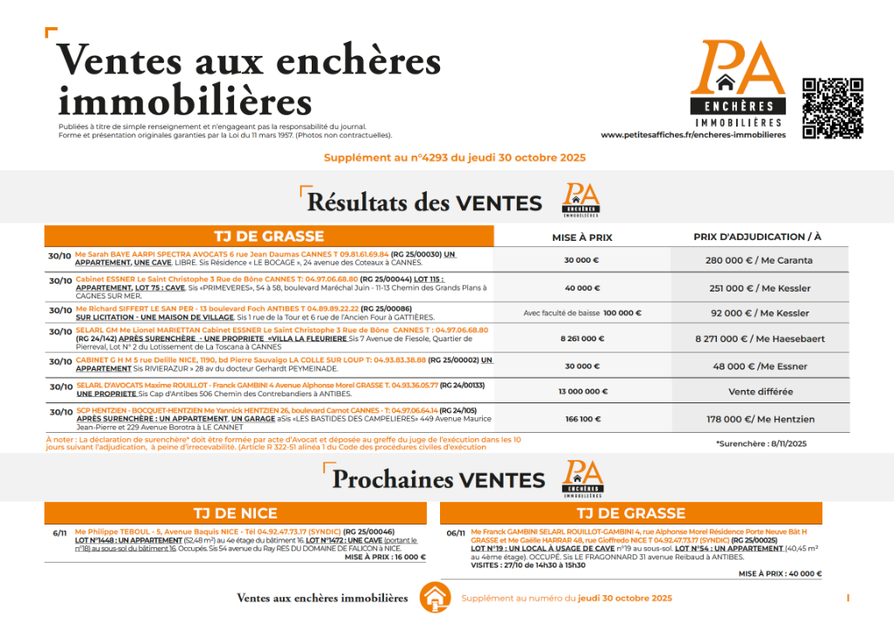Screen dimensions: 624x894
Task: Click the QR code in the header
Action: pos(833,108)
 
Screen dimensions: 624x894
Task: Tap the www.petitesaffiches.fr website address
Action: pos(693,135)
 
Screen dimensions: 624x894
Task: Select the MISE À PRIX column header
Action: pos(582,237)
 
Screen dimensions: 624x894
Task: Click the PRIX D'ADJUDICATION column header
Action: pos(758,237)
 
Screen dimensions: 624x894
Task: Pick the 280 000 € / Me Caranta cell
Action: pos(759,260)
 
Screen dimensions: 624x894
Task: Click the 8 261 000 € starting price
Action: pos(581,339)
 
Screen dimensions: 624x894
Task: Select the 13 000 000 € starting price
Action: pos(581,392)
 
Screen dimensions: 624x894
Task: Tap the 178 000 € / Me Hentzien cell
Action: pos(759,419)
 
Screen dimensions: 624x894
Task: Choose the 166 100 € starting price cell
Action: pos(582,419)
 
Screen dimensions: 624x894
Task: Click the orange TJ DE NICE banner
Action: pos(235,513)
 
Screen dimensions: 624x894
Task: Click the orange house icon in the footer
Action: pos(435,598)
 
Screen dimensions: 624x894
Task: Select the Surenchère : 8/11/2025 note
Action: pos(761,443)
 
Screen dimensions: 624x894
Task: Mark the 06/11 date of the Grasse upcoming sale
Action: pos(456,533)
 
